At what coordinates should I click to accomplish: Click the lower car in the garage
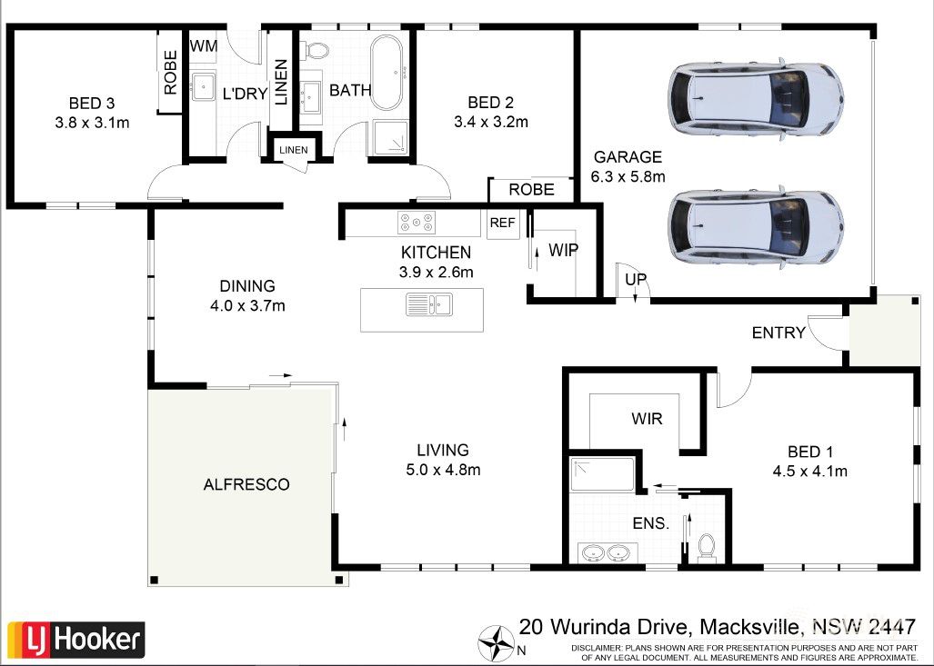tap(755, 226)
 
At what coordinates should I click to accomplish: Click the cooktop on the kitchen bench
tap(416, 222)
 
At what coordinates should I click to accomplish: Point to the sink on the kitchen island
tap(428, 305)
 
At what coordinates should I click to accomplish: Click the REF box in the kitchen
tap(502, 223)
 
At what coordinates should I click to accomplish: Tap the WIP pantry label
tap(564, 250)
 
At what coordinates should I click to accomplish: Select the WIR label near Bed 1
tap(647, 420)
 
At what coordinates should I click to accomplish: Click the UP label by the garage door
tap(637, 280)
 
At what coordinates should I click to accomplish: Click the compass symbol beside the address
tap(497, 643)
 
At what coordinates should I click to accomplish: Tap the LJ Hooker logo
tap(75, 640)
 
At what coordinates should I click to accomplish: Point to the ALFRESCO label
tap(246, 484)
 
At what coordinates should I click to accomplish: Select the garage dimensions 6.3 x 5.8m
tap(628, 176)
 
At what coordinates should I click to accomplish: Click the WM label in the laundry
tap(201, 45)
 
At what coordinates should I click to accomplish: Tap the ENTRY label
tap(778, 333)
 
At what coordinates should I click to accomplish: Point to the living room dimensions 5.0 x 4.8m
tap(443, 470)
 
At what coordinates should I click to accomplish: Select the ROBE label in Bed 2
tap(531, 190)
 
